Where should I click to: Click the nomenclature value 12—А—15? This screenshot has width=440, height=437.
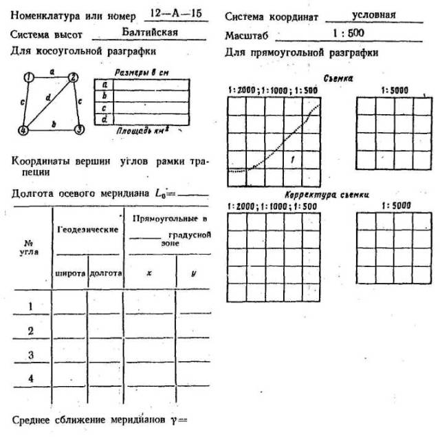coord(172,14)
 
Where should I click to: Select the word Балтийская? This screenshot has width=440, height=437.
coord(149,32)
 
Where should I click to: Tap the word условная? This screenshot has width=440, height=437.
coord(373,14)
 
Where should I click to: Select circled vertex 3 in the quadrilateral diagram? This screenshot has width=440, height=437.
coord(79,129)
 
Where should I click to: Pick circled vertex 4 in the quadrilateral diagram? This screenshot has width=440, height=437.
coord(23,129)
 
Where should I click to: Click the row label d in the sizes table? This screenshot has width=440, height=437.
coord(104,118)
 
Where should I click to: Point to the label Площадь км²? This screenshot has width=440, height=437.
coord(142,129)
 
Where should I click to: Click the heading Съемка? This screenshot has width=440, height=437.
coord(339,79)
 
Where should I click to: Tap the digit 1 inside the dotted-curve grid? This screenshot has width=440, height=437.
coord(293,160)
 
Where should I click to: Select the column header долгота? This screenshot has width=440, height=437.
coord(106,274)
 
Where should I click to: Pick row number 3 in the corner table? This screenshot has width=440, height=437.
coord(30,355)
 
